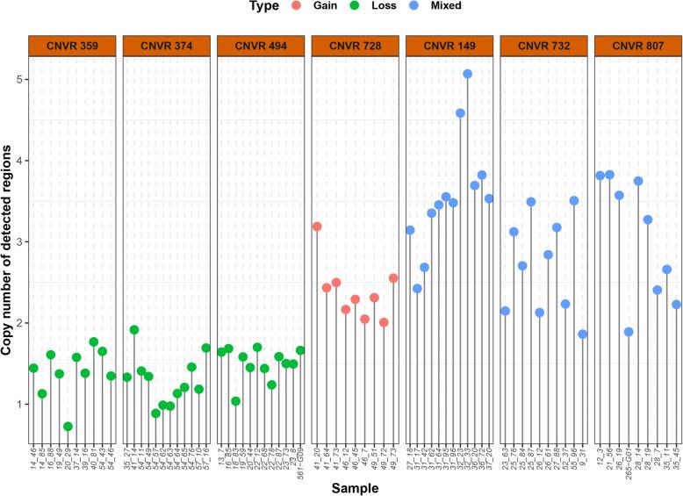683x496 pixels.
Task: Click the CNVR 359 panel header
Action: click(72, 46)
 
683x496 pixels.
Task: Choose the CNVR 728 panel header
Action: click(355, 46)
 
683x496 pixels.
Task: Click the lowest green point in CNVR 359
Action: click(68, 427)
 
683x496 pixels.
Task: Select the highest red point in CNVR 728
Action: click(317, 226)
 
